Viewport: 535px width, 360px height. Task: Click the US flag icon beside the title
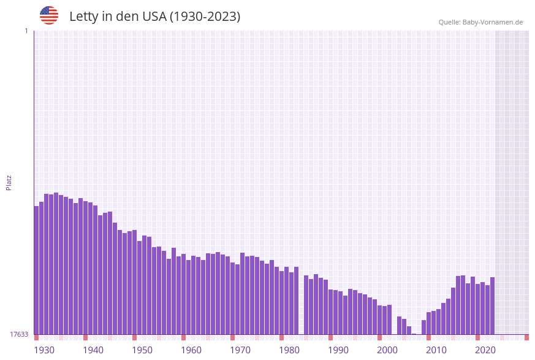pos(49,15)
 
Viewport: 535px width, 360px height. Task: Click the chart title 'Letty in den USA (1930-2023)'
pos(154,17)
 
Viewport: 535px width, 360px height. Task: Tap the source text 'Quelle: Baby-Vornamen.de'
pos(480,22)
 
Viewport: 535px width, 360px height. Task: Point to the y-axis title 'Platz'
pos(9,182)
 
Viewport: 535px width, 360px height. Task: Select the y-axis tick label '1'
pos(26,31)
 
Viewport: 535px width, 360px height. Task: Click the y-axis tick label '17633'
pos(19,334)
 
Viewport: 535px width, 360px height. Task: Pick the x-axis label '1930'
pos(44,350)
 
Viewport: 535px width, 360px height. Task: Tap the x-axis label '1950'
pos(142,350)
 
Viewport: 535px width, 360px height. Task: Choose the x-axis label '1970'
pos(240,350)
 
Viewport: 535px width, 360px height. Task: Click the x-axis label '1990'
pos(338,350)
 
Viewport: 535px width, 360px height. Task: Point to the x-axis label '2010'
pos(436,350)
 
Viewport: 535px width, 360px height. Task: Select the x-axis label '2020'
pos(485,350)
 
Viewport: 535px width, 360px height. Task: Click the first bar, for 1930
pos(37,270)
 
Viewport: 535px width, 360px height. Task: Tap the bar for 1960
pos(184,294)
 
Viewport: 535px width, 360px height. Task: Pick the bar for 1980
pos(282,303)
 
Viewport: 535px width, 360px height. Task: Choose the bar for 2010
pos(428,323)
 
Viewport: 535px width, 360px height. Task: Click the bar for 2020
pos(477,309)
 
